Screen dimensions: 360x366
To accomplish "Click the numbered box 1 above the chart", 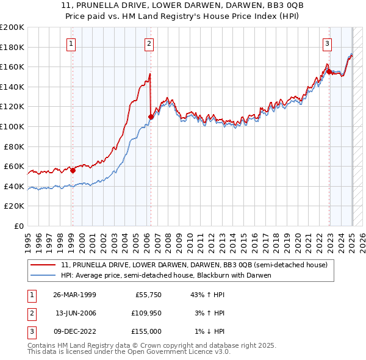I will pyautogui.click(x=72, y=43).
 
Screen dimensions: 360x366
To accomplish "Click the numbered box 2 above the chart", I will pyautogui.click(x=149, y=43).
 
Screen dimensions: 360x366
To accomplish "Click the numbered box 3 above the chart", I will pyautogui.click(x=328, y=43).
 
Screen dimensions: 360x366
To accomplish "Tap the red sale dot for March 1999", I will pyautogui.click(x=73, y=170).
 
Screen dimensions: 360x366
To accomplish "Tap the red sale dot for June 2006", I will pyautogui.click(x=150, y=116).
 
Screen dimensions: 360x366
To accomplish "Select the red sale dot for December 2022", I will pyautogui.click(x=329, y=71).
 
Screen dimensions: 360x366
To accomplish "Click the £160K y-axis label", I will pyautogui.click(x=12, y=67).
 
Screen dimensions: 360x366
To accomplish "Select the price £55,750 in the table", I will pyautogui.click(x=148, y=294).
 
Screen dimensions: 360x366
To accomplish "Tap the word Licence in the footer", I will pyautogui.click(x=185, y=352).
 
